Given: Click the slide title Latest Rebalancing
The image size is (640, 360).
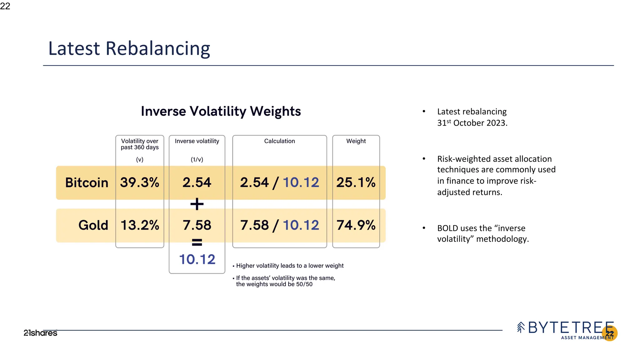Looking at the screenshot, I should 129,49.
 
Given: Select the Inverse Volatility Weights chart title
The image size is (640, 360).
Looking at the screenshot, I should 221,111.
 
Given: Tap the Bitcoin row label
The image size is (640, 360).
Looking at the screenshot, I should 87,182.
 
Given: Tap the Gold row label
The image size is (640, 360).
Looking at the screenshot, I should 93,225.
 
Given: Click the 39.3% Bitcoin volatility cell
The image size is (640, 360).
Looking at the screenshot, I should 140,182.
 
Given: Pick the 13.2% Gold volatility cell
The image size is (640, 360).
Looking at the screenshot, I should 140,225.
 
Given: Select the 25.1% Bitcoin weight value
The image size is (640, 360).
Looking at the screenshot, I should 356,182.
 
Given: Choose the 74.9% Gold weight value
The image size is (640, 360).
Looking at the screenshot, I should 356,225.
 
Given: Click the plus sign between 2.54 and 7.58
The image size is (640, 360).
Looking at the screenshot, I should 197,204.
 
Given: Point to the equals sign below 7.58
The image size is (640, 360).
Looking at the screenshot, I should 197,242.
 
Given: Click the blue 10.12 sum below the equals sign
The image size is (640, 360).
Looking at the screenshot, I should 197,259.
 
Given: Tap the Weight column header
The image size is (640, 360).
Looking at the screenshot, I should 356,141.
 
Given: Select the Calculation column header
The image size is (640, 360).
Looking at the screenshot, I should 279,141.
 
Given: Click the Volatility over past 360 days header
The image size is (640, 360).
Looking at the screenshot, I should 140,144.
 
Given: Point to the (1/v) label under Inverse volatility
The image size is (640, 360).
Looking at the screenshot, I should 197,159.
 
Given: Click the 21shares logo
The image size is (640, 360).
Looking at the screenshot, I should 40,333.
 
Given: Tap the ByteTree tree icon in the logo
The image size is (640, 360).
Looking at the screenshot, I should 521,327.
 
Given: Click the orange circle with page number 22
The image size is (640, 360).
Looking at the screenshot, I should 610,333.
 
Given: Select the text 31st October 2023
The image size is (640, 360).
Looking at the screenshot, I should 472,123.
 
